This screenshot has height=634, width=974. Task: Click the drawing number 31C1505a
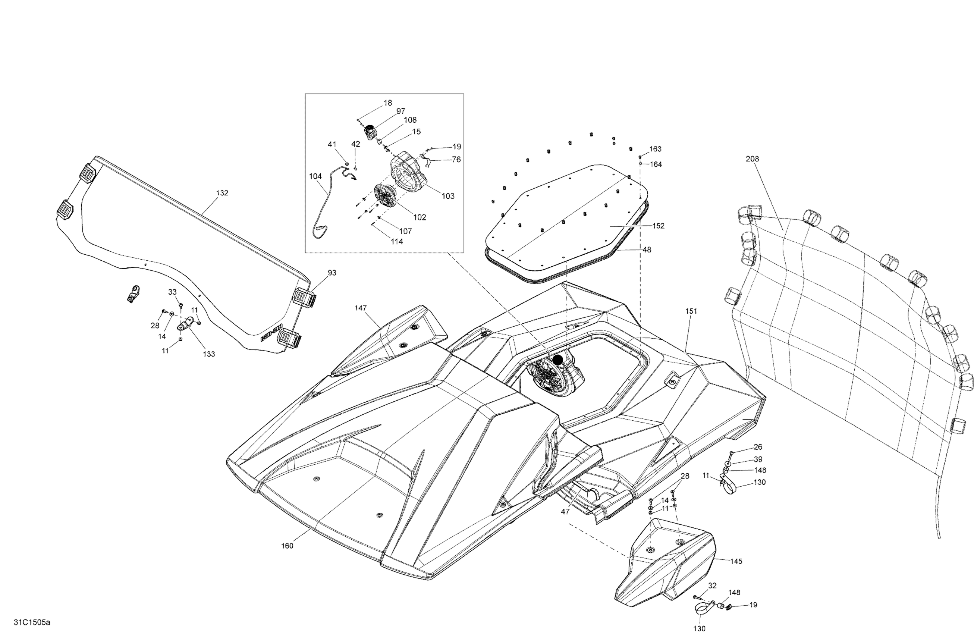(32, 622)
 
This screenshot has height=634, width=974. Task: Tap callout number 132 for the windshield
(222, 193)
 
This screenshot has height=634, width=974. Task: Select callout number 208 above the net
(752, 159)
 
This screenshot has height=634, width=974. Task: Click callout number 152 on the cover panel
(658, 226)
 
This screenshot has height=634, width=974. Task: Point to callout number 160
(287, 546)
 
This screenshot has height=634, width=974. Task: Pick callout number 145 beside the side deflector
(736, 562)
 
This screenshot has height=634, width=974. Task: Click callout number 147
(361, 308)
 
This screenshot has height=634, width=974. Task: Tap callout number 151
(691, 311)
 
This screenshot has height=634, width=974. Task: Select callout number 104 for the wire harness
(315, 176)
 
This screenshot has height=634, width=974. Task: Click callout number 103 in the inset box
(448, 196)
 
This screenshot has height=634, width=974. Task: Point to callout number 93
(332, 273)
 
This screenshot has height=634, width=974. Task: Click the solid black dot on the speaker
(557, 360)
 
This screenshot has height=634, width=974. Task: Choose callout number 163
(655, 149)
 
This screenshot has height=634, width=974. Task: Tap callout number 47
(565, 512)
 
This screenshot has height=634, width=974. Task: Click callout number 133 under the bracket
(209, 354)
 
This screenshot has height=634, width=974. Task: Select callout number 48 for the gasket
(647, 249)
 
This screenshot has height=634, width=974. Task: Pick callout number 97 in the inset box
(400, 111)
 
